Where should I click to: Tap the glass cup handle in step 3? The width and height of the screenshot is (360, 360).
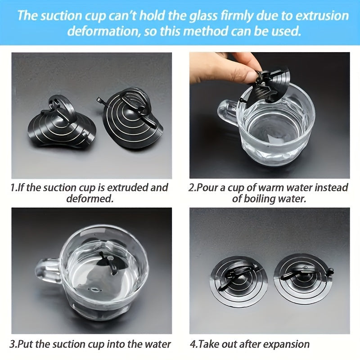click(48, 271)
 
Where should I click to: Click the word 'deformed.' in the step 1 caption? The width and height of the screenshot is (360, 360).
click(90, 198)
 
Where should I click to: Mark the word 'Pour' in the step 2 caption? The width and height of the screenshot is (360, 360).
click(207, 188)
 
